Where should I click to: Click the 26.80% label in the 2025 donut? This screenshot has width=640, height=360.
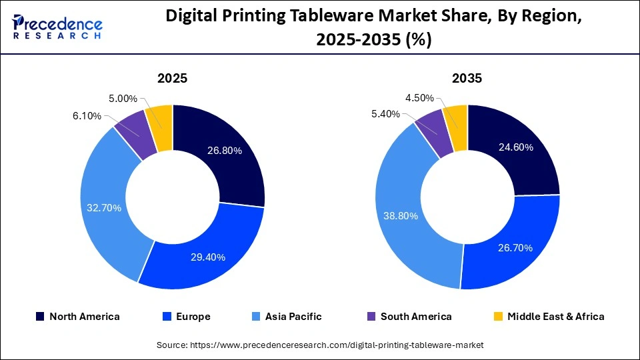tap(225, 151)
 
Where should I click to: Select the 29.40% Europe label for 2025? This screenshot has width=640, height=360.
tap(208, 257)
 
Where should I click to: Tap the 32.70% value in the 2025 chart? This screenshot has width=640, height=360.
tap(104, 208)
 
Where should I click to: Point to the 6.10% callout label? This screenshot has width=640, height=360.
tap(86, 116)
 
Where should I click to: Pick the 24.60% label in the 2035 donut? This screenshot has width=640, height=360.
tap(515, 147)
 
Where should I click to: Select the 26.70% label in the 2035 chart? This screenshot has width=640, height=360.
tap(515, 247)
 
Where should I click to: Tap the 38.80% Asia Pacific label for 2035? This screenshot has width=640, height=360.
tap(401, 215)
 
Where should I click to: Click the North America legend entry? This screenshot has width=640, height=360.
tap(77, 317)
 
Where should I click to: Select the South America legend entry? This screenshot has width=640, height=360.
tap(409, 317)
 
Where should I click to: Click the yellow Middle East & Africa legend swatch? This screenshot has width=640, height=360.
tap(497, 317)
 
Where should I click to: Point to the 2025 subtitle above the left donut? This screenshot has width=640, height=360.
tap(172, 78)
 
